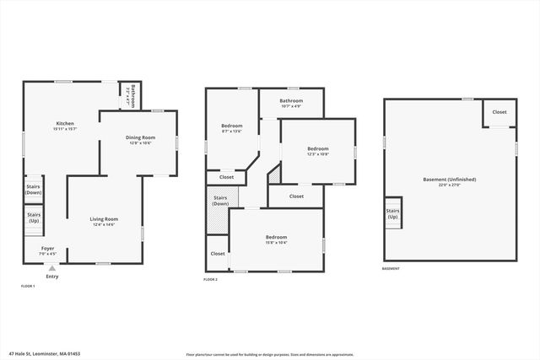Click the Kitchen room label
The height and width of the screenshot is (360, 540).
(65, 126)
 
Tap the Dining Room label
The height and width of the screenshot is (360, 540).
(141, 139)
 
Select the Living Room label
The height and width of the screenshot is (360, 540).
(104, 222)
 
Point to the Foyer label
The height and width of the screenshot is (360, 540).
(48, 250)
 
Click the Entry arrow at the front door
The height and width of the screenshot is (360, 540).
(51, 268)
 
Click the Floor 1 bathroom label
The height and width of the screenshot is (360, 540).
(132, 96)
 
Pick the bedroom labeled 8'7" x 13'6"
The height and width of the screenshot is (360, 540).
(231, 128)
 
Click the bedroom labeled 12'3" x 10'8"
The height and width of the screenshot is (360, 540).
(317, 152)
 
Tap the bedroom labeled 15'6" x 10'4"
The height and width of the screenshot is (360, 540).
(276, 239)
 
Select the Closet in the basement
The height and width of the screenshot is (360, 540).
(499, 112)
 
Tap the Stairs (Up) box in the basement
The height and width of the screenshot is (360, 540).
(392, 214)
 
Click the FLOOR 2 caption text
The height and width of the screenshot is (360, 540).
(210, 279)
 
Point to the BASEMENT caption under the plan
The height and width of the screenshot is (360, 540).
(391, 269)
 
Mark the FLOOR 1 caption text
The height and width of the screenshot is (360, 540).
(28, 287)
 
